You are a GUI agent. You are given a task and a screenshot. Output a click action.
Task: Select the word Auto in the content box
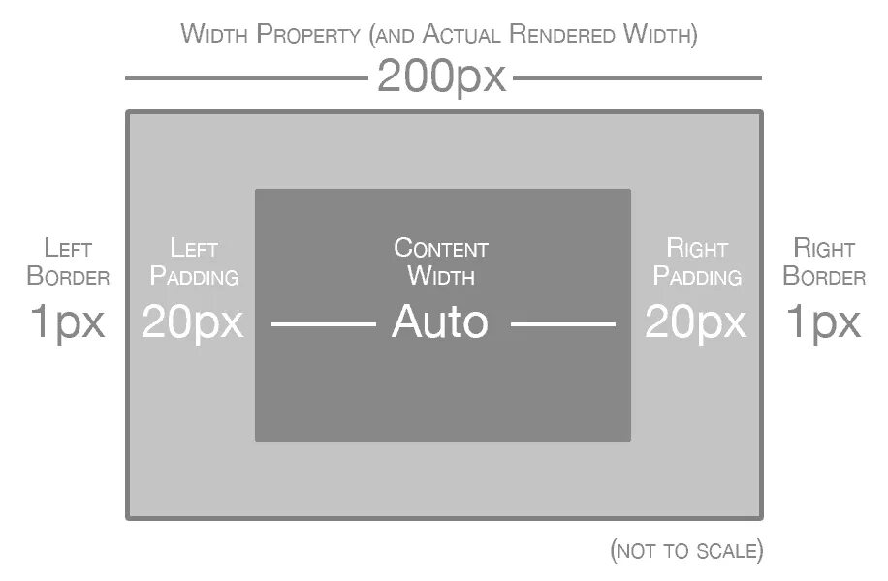pos(439,321)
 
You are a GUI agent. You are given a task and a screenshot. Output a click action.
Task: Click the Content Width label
pos(441,261)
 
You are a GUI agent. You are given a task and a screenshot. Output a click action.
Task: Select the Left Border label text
pos(68,261)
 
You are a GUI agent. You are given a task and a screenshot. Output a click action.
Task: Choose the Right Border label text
pos(824,261)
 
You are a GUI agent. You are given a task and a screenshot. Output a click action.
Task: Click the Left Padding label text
pos(193,261)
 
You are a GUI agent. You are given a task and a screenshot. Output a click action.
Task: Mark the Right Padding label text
pos(697,261)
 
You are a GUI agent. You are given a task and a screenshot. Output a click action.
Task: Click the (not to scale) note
pos(686,551)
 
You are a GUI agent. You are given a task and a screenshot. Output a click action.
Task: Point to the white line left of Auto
pos(323,323)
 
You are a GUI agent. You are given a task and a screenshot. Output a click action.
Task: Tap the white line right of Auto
pos(563,323)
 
